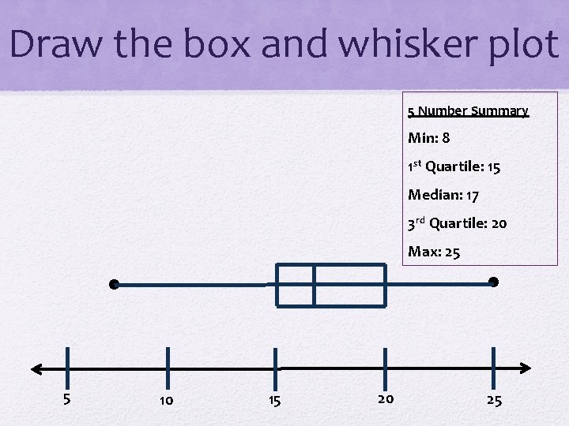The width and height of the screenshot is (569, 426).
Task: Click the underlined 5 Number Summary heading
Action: [468, 111]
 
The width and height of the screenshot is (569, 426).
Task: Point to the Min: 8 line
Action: [429, 138]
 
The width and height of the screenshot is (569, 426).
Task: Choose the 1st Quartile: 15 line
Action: [454, 166]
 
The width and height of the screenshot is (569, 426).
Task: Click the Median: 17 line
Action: [443, 194]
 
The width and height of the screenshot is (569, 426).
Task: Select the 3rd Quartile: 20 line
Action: [457, 223]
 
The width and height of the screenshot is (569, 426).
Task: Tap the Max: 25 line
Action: [434, 252]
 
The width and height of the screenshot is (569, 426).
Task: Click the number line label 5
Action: [67, 398]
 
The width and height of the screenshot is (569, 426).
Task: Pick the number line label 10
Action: [166, 401]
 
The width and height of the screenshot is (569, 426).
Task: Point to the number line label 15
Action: [274, 401]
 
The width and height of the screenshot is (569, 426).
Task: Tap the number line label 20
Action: [385, 398]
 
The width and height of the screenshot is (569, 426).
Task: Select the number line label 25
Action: [494, 401]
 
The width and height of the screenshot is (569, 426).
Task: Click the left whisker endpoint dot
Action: [115, 284]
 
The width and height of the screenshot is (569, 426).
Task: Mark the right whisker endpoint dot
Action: [494, 282]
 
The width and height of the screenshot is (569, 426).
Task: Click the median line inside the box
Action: [314, 285]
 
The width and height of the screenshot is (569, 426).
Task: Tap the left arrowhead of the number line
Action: [35, 368]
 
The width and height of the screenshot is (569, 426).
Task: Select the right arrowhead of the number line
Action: [526, 368]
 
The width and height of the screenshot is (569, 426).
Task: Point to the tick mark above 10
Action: [168, 368]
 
